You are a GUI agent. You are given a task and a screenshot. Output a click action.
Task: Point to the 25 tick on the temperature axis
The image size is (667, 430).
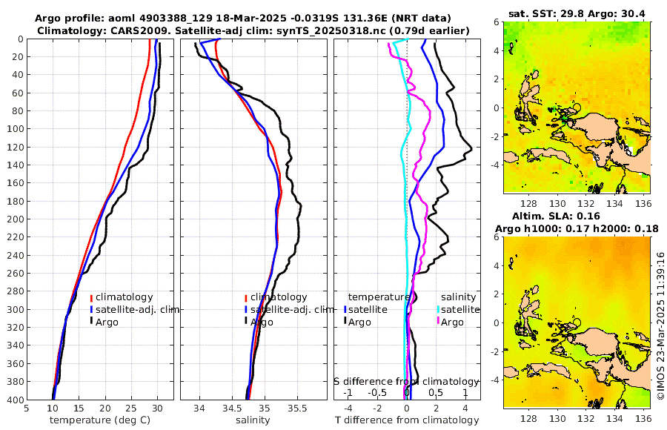(131, 407)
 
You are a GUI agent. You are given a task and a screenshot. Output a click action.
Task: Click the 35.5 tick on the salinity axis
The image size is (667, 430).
(296, 407)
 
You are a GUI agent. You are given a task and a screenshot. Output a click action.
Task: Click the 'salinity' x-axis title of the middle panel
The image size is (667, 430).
(252, 420)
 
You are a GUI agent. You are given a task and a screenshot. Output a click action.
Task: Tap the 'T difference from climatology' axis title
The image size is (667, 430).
(407, 420)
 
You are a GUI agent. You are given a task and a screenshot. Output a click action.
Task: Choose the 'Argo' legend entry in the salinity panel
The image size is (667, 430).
(262, 322)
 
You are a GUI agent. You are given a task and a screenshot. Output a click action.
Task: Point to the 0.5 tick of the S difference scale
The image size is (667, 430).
(436, 393)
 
